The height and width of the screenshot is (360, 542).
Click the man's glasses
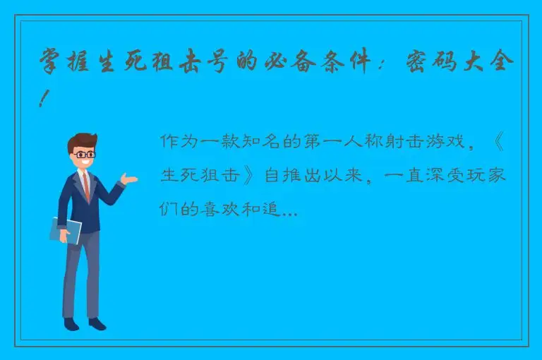85,154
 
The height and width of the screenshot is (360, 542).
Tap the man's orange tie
86,186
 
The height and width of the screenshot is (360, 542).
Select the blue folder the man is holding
66,230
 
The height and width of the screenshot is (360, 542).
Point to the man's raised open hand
128,178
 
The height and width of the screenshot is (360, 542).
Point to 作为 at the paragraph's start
178,141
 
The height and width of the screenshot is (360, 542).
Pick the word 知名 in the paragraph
265,141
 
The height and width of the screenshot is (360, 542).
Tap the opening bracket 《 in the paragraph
497,141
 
